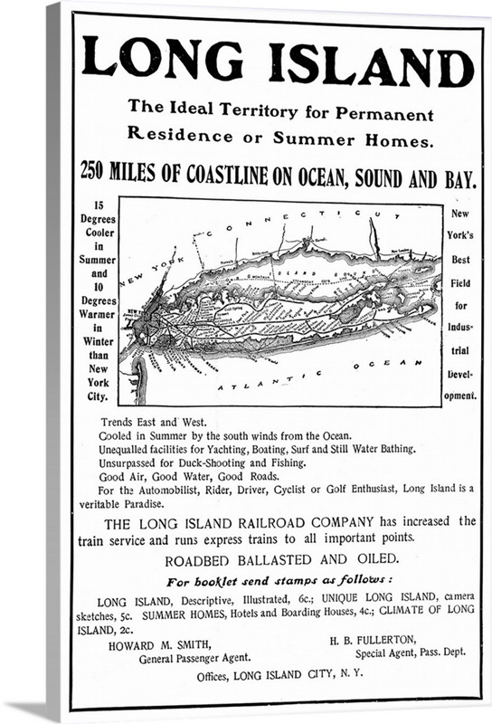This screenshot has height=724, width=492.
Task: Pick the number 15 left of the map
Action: coord(99,205)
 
